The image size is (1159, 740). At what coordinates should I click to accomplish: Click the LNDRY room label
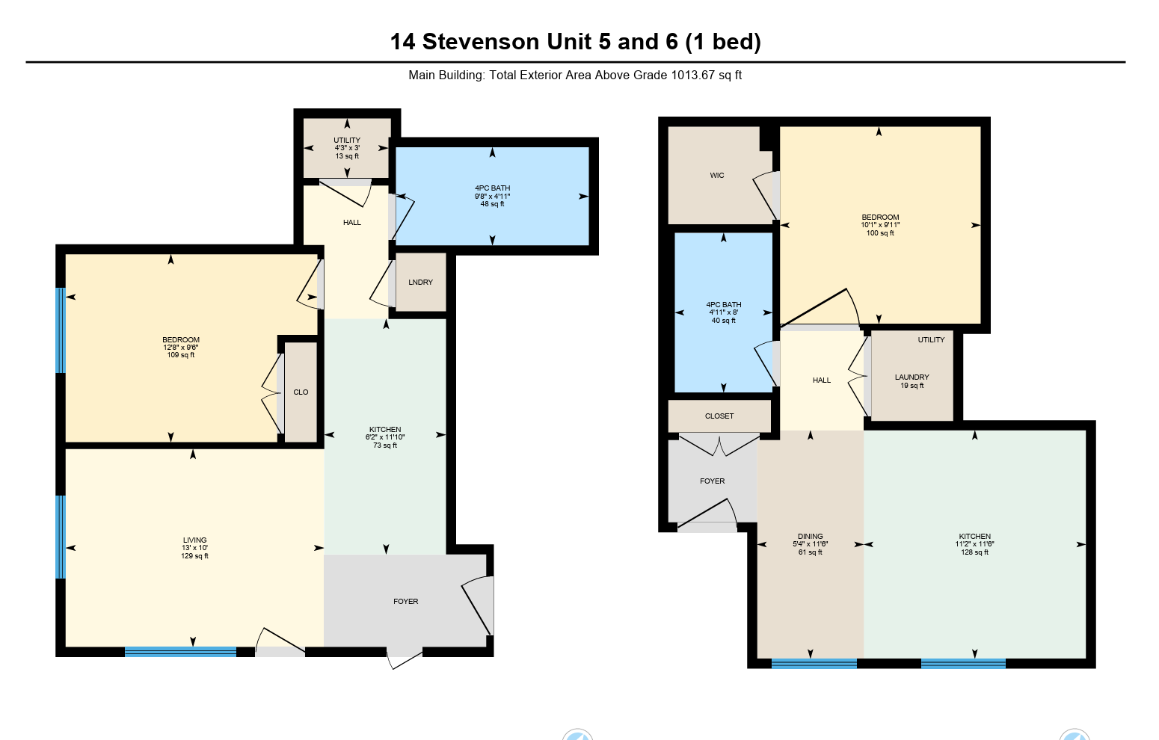pos(420,283)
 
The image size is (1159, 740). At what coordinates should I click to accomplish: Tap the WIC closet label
pos(717,176)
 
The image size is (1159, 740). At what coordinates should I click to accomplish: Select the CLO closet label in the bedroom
pos(301,392)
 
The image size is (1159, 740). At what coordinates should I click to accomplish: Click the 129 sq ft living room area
pos(194,556)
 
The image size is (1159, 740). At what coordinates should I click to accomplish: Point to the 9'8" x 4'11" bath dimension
pos(493,197)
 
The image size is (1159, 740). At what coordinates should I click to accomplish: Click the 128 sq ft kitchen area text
pos(975,552)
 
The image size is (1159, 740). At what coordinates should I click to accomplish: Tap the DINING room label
pos(811,536)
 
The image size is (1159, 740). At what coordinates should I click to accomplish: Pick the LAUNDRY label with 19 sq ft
pos(912,377)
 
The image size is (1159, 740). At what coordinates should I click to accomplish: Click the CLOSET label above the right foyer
pos(719,416)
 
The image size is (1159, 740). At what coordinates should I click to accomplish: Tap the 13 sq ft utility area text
pos(347,156)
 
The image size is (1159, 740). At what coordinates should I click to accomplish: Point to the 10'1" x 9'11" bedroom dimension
pos(880,225)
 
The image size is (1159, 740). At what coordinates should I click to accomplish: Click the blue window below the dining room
pos(814,664)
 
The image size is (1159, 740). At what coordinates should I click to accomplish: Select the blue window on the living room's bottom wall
pos(180,652)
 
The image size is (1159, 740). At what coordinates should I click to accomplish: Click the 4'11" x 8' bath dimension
pos(723,312)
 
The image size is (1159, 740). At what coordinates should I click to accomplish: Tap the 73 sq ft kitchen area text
pos(385,445)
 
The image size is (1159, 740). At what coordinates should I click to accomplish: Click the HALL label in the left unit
pos(352,222)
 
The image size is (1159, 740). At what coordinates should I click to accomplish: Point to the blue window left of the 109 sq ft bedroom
pos(61,330)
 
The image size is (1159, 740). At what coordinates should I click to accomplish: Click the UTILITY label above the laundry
pos(932,340)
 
